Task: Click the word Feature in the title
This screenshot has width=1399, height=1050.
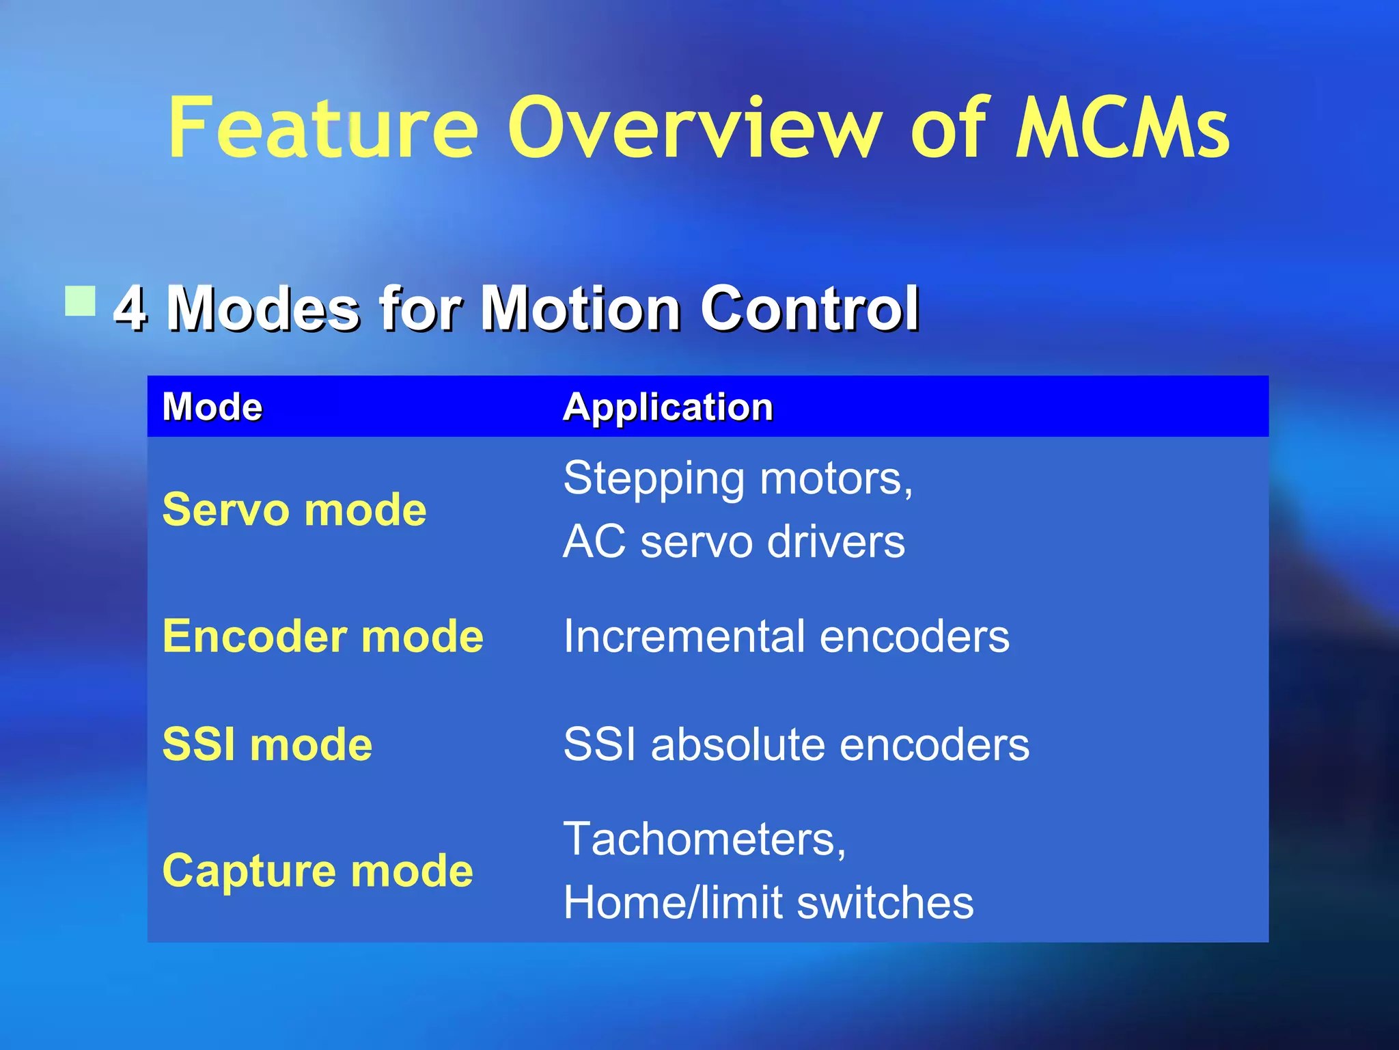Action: coord(322,128)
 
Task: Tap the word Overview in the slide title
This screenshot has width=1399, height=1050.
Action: coord(694,128)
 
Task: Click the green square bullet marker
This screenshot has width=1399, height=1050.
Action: coord(81,301)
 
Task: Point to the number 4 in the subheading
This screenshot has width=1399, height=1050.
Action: coord(130,308)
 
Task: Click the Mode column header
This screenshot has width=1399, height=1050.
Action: coord(212,407)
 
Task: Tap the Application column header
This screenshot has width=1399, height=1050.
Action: coord(667,407)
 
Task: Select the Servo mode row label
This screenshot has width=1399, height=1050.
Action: coord(294,510)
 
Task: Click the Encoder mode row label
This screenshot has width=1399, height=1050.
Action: coord(322,636)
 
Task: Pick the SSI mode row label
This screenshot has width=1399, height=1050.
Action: coord(267,744)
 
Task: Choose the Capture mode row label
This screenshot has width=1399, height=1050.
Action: coord(317,871)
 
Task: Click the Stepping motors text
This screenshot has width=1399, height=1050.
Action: coord(737,478)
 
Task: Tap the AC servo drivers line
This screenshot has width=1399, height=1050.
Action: coord(734,541)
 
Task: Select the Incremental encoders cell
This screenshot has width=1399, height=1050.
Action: coord(786,636)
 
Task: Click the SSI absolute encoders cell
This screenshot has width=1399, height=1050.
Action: coord(796,744)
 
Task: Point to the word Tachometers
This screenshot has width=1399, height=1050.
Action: coord(704,839)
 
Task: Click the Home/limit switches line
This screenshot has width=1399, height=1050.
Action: coord(768,902)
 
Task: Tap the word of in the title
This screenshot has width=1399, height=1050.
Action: coord(950,128)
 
